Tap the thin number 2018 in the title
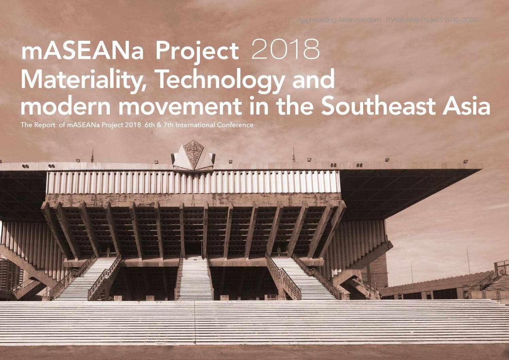tap(285, 50)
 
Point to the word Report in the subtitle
tap(45, 125)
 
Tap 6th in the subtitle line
tap(149, 125)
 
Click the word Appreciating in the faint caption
tap(317, 20)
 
